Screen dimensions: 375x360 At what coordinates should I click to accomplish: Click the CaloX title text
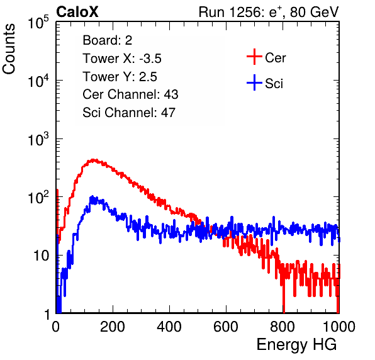[77, 12]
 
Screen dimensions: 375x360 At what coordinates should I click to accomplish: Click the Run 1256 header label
[269, 12]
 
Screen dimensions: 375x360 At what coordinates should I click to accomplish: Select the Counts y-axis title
[9, 48]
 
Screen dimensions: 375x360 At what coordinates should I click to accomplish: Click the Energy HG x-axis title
[296, 344]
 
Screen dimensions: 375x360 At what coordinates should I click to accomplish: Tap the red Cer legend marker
[254, 57]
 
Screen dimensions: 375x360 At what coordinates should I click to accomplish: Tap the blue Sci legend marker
[254, 82]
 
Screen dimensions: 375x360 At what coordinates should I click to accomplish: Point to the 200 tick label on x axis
[113, 327]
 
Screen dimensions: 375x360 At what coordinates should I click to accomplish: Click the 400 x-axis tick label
[169, 327]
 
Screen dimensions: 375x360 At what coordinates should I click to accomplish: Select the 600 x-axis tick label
[226, 327]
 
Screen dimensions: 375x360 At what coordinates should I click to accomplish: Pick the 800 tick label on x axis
[283, 327]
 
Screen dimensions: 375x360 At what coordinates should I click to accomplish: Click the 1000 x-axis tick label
[339, 327]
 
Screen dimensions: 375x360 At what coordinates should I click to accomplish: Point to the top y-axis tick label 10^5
[38, 23]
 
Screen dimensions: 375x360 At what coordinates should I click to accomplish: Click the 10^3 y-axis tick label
[38, 139]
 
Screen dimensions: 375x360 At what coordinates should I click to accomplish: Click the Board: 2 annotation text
[108, 40]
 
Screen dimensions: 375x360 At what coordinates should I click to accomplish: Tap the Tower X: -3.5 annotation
[122, 59]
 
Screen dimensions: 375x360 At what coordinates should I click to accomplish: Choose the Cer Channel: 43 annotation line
[130, 94]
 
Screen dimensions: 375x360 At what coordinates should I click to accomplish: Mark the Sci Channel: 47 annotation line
[129, 113]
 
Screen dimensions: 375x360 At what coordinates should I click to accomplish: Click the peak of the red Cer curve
[93, 160]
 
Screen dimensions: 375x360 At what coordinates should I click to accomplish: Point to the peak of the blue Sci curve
[92, 197]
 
